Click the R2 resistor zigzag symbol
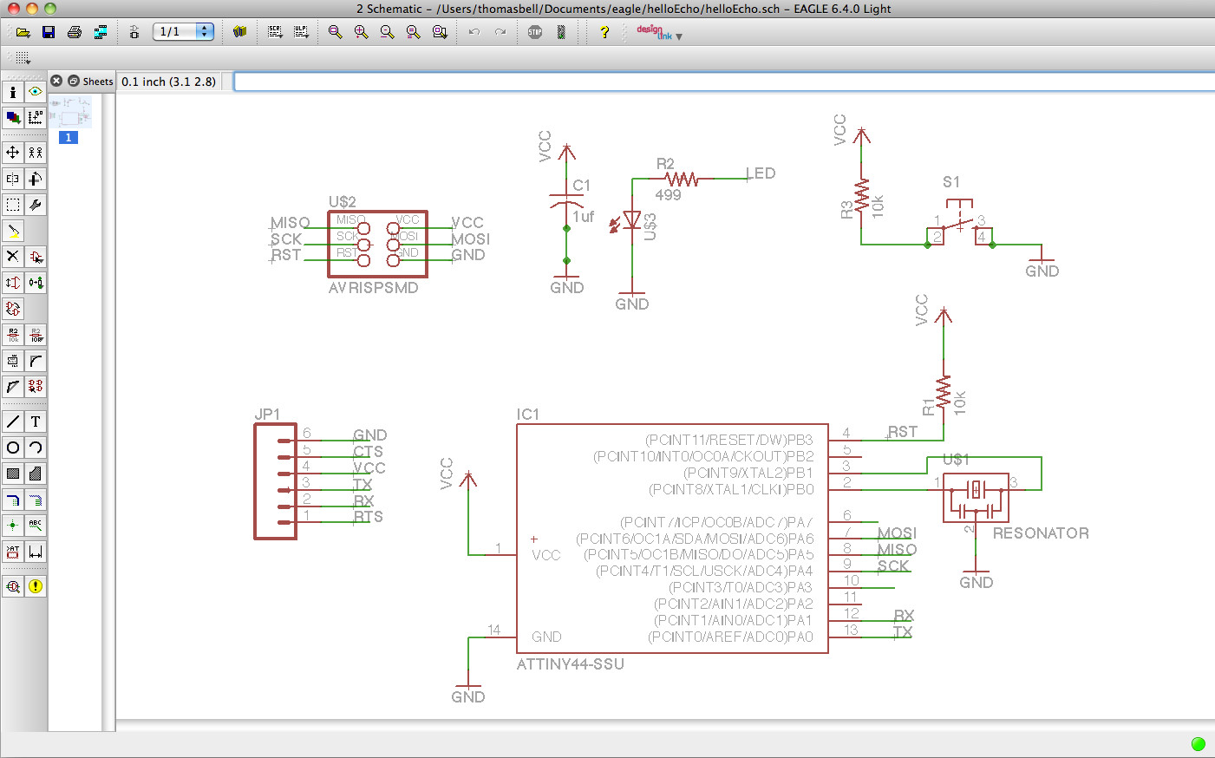click(683, 180)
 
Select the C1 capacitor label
click(581, 186)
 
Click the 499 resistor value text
click(668, 195)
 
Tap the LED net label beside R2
click(761, 173)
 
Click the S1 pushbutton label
click(951, 182)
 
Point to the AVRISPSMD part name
click(373, 288)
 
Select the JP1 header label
click(267, 415)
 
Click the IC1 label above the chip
click(527, 415)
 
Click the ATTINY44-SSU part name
click(570, 664)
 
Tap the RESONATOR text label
click(1041, 533)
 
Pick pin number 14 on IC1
click(493, 630)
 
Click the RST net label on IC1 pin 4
click(903, 432)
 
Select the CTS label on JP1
click(368, 452)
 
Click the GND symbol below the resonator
click(976, 581)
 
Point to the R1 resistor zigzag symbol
click(944, 390)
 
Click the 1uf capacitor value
click(583, 217)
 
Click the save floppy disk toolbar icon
click(49, 32)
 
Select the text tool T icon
click(36, 421)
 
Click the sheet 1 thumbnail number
click(69, 138)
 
